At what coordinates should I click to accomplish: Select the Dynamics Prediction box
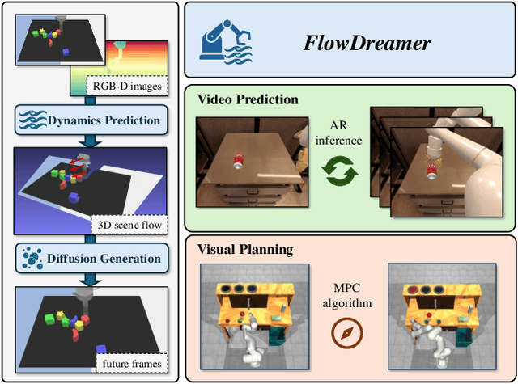click(x=91, y=120)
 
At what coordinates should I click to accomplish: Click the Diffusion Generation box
click(x=91, y=259)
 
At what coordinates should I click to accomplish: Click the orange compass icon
click(x=347, y=331)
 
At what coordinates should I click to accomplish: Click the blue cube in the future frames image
click(x=100, y=348)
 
